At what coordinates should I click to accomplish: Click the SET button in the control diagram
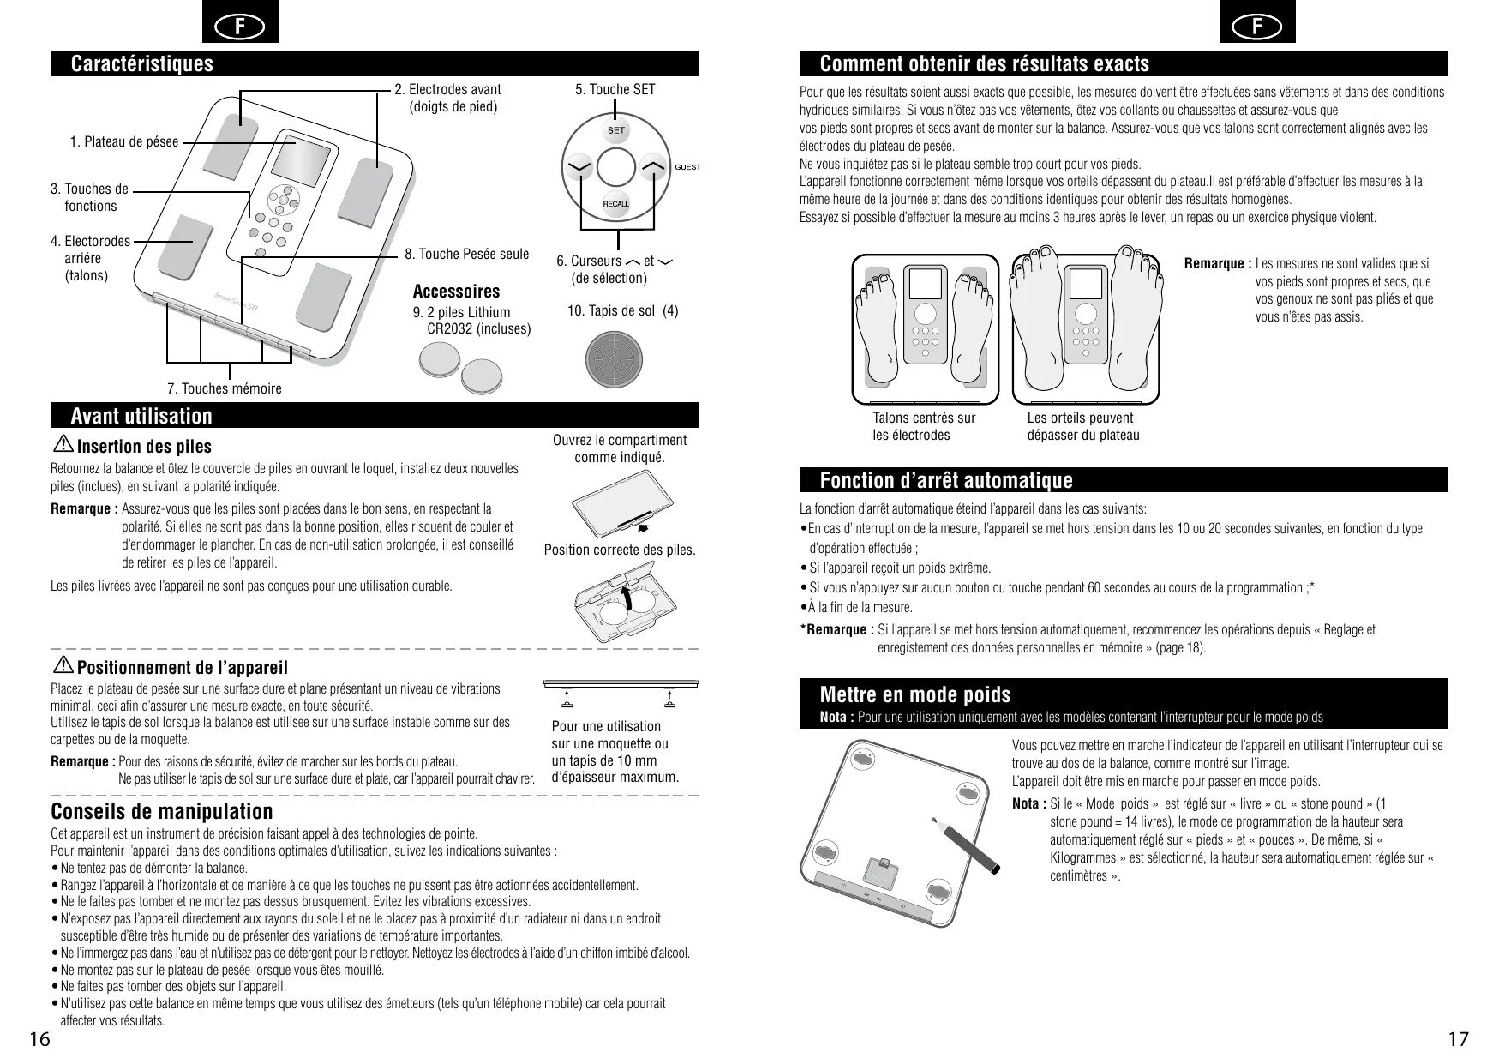pyautogui.click(x=616, y=130)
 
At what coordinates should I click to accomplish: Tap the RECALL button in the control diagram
pyautogui.click(x=616, y=204)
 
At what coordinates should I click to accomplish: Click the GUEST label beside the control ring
pyautogui.click(x=687, y=167)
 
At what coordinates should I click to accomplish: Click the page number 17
pyautogui.click(x=1458, y=1040)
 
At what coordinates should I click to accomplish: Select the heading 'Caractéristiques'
pyautogui.click(x=141, y=64)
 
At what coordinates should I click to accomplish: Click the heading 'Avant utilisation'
pyautogui.click(x=141, y=417)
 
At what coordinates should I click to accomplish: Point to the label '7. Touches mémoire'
pyautogui.click(x=225, y=389)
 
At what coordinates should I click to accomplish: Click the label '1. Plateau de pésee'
pyautogui.click(x=124, y=142)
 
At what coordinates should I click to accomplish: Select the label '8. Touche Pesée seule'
pyautogui.click(x=467, y=255)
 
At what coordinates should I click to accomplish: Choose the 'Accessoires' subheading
pyautogui.click(x=456, y=292)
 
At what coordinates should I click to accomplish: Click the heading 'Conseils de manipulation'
pyautogui.click(x=162, y=811)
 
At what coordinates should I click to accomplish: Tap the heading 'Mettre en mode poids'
pyautogui.click(x=915, y=694)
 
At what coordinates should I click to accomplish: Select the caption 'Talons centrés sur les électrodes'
pyautogui.click(x=923, y=426)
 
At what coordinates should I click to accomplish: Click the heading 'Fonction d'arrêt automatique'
pyautogui.click(x=946, y=480)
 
